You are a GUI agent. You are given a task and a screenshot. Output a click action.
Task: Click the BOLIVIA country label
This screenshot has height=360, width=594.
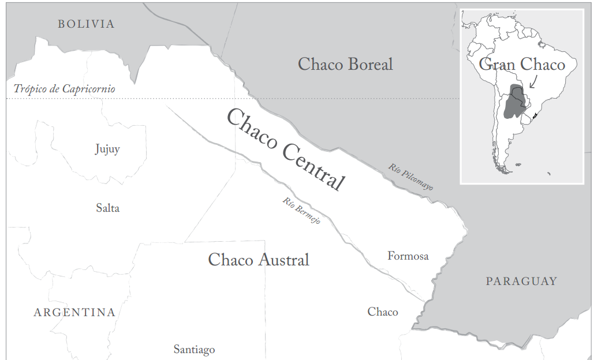(x=86, y=24)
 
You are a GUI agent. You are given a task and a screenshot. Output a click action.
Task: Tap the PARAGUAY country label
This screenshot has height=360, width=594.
(x=521, y=282)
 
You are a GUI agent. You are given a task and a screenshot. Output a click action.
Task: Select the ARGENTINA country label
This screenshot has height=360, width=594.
(x=74, y=313)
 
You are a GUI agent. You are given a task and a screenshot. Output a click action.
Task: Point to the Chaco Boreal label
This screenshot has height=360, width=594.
(x=345, y=64)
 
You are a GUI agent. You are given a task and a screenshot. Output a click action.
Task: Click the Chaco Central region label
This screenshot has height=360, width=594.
(x=286, y=149)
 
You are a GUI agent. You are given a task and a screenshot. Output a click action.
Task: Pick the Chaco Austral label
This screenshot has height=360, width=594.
(x=259, y=260)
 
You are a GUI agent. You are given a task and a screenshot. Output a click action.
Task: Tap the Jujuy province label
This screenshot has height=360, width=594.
(x=107, y=149)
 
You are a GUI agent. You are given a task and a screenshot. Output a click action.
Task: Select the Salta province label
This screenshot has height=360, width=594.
(x=107, y=208)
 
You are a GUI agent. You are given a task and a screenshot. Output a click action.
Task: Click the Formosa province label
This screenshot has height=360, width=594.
(x=408, y=256)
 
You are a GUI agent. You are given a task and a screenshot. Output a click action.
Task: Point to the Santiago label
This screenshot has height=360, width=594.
(x=194, y=350)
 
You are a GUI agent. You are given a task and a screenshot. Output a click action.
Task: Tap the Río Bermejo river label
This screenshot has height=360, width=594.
(x=301, y=211)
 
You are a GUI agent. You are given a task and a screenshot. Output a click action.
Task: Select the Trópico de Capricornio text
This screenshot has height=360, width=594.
(x=65, y=89)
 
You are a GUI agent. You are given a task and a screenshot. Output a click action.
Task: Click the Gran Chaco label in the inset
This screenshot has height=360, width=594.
(x=522, y=64)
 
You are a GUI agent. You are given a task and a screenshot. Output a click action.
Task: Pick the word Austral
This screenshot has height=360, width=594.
(x=283, y=260)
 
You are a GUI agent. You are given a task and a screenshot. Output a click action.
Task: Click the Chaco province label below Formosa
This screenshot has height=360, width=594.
(x=383, y=312)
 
